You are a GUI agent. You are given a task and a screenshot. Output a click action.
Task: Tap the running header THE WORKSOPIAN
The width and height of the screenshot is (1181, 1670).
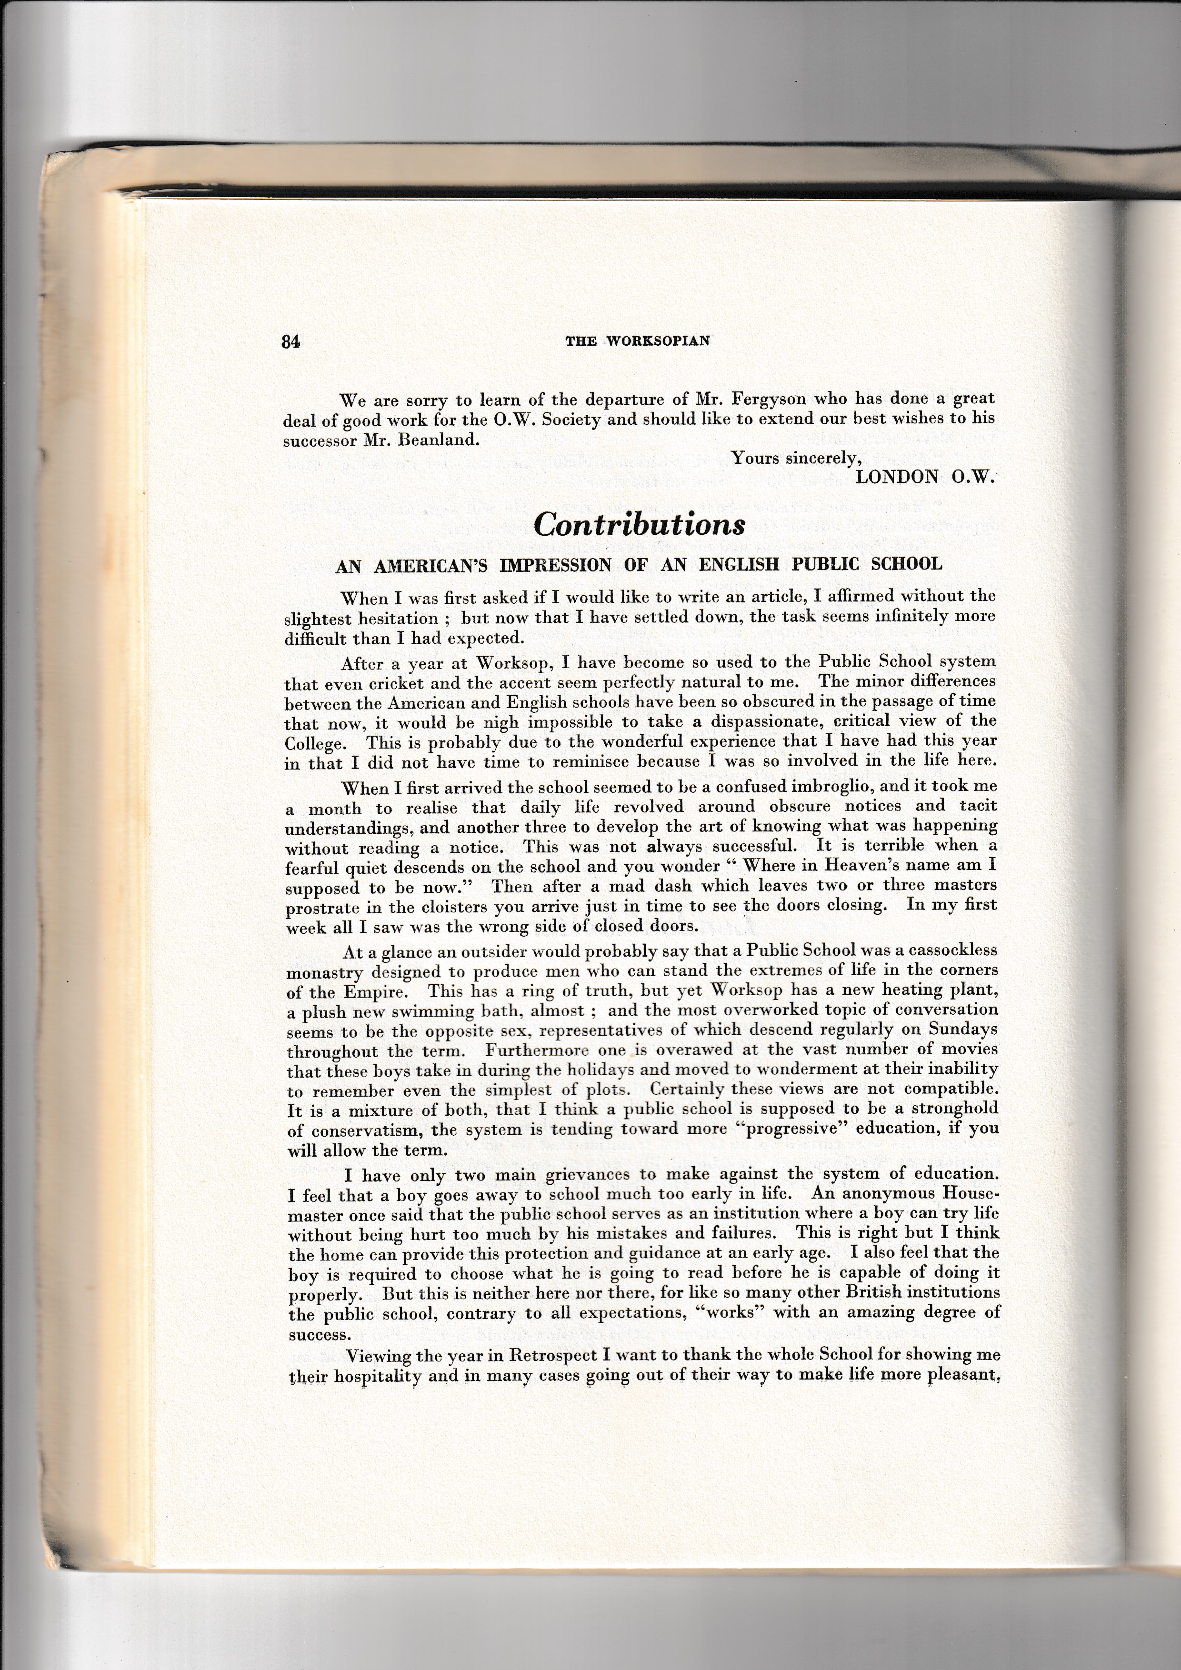(638, 341)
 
